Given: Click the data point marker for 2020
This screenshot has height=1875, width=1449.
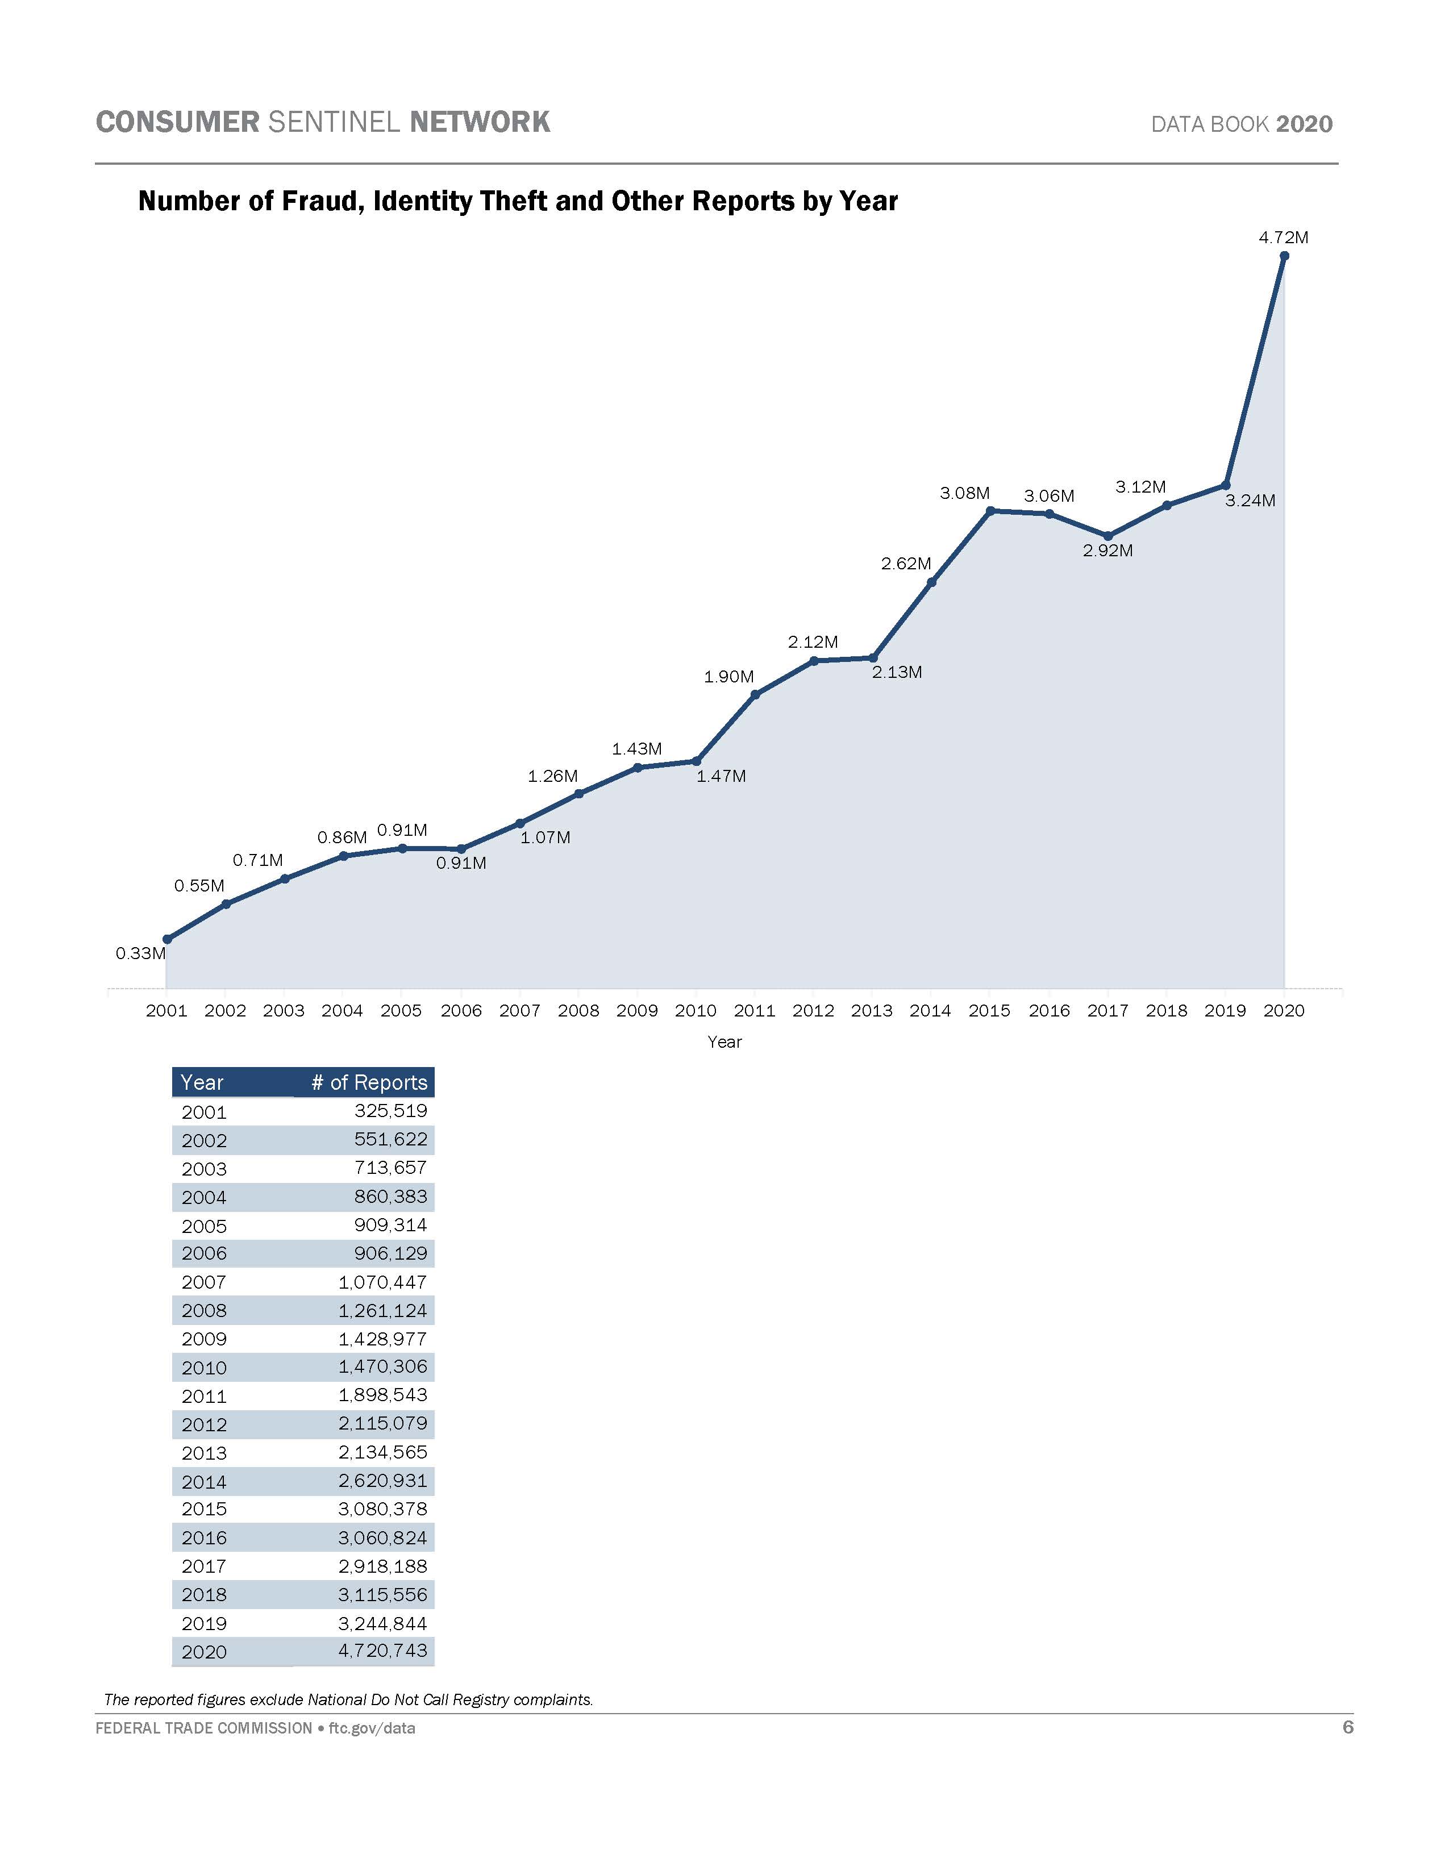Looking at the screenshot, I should (1284, 256).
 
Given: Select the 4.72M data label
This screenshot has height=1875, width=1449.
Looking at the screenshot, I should (1283, 238).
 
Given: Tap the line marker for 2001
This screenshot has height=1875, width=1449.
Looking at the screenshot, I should (166, 939).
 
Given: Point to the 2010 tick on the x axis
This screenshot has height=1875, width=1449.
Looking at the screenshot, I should (696, 1010).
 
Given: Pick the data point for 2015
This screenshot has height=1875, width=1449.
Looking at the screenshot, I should (990, 511).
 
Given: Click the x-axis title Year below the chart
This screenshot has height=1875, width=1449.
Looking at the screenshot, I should (723, 1041).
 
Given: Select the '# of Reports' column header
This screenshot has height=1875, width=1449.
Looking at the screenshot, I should (369, 1082).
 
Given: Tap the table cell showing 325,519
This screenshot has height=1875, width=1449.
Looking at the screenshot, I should (390, 1111).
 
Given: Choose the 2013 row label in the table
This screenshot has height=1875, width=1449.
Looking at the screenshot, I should (205, 1453).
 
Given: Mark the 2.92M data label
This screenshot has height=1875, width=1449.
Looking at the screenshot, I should (1107, 551).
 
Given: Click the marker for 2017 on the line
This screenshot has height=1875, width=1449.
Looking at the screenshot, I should (1107, 536).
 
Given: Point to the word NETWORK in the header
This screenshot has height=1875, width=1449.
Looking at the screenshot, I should (480, 122).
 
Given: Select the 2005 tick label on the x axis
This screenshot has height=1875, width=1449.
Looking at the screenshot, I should (401, 1010).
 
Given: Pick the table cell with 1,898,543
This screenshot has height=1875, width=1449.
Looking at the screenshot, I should (383, 1395).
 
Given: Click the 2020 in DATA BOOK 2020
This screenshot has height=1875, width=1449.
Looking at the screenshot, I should (1304, 124).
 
